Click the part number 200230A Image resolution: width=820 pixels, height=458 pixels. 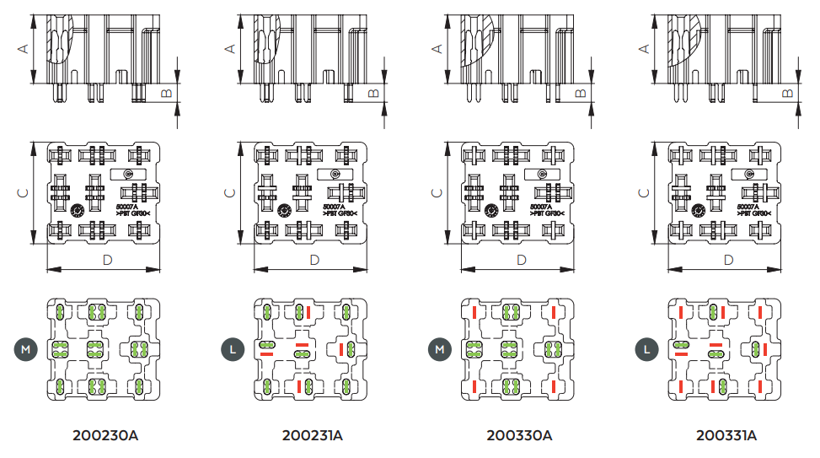[x=105, y=436]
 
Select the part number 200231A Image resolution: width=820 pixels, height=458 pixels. [x=313, y=436]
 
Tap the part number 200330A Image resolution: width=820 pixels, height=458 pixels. [x=519, y=436]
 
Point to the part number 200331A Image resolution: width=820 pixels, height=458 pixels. [x=726, y=436]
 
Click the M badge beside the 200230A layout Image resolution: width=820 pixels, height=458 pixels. [x=25, y=348]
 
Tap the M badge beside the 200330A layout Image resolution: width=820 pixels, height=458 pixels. [x=439, y=348]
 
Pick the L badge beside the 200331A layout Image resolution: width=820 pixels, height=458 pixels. [x=646, y=348]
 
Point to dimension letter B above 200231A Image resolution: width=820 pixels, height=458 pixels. [x=373, y=92]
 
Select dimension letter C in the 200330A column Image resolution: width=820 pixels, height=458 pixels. [x=437, y=192]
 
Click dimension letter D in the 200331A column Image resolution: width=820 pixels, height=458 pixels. [x=728, y=260]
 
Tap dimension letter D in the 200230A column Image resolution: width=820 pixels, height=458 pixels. [x=107, y=260]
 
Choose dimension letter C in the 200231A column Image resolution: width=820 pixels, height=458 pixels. [x=229, y=192]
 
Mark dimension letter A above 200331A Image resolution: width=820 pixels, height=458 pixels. [x=644, y=49]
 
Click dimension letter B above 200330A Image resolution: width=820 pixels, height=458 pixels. [x=580, y=92]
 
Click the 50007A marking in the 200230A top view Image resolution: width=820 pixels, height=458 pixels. [x=127, y=206]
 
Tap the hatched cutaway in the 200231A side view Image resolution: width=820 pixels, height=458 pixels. [x=267, y=42]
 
